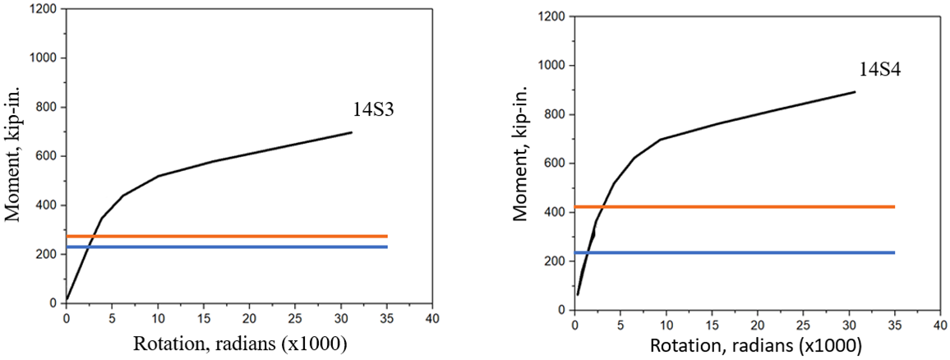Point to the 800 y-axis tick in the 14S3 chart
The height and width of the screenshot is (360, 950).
(48, 107)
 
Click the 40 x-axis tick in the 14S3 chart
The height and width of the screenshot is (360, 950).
(433, 318)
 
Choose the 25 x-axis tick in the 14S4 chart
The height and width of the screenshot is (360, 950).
(802, 325)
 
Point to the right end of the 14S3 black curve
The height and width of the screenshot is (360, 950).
(352, 132)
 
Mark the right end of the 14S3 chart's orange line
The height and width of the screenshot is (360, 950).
(387, 237)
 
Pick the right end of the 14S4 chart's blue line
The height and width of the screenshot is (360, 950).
(894, 252)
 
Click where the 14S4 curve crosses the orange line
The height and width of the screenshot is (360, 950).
(603, 206)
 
